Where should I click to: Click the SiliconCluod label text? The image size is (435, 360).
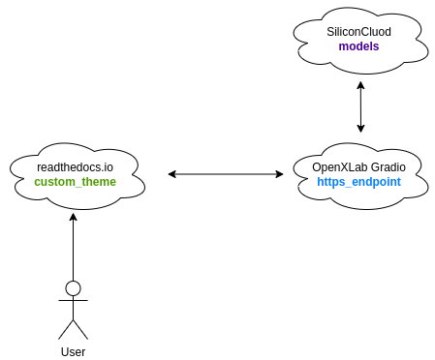pos(358,32)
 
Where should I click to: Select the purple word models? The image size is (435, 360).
pos(358,46)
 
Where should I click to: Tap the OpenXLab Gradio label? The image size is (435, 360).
pos(358,167)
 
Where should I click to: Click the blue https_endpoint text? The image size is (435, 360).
pos(358,182)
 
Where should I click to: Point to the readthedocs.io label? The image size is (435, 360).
pos(75,167)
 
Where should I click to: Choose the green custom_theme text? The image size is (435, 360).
pos(75,182)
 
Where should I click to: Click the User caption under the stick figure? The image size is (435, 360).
pos(73,351)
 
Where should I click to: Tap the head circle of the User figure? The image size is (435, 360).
pos(73,287)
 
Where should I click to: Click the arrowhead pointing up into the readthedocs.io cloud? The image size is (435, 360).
pos(73,216)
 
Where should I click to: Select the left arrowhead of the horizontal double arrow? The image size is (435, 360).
pos(172,174)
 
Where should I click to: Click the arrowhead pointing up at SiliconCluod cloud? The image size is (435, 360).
pos(361,86)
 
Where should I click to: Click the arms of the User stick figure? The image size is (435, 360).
pos(73,301)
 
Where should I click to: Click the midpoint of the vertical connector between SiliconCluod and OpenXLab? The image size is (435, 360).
pos(361,106)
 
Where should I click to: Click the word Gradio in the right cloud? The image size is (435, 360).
pos(385,167)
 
